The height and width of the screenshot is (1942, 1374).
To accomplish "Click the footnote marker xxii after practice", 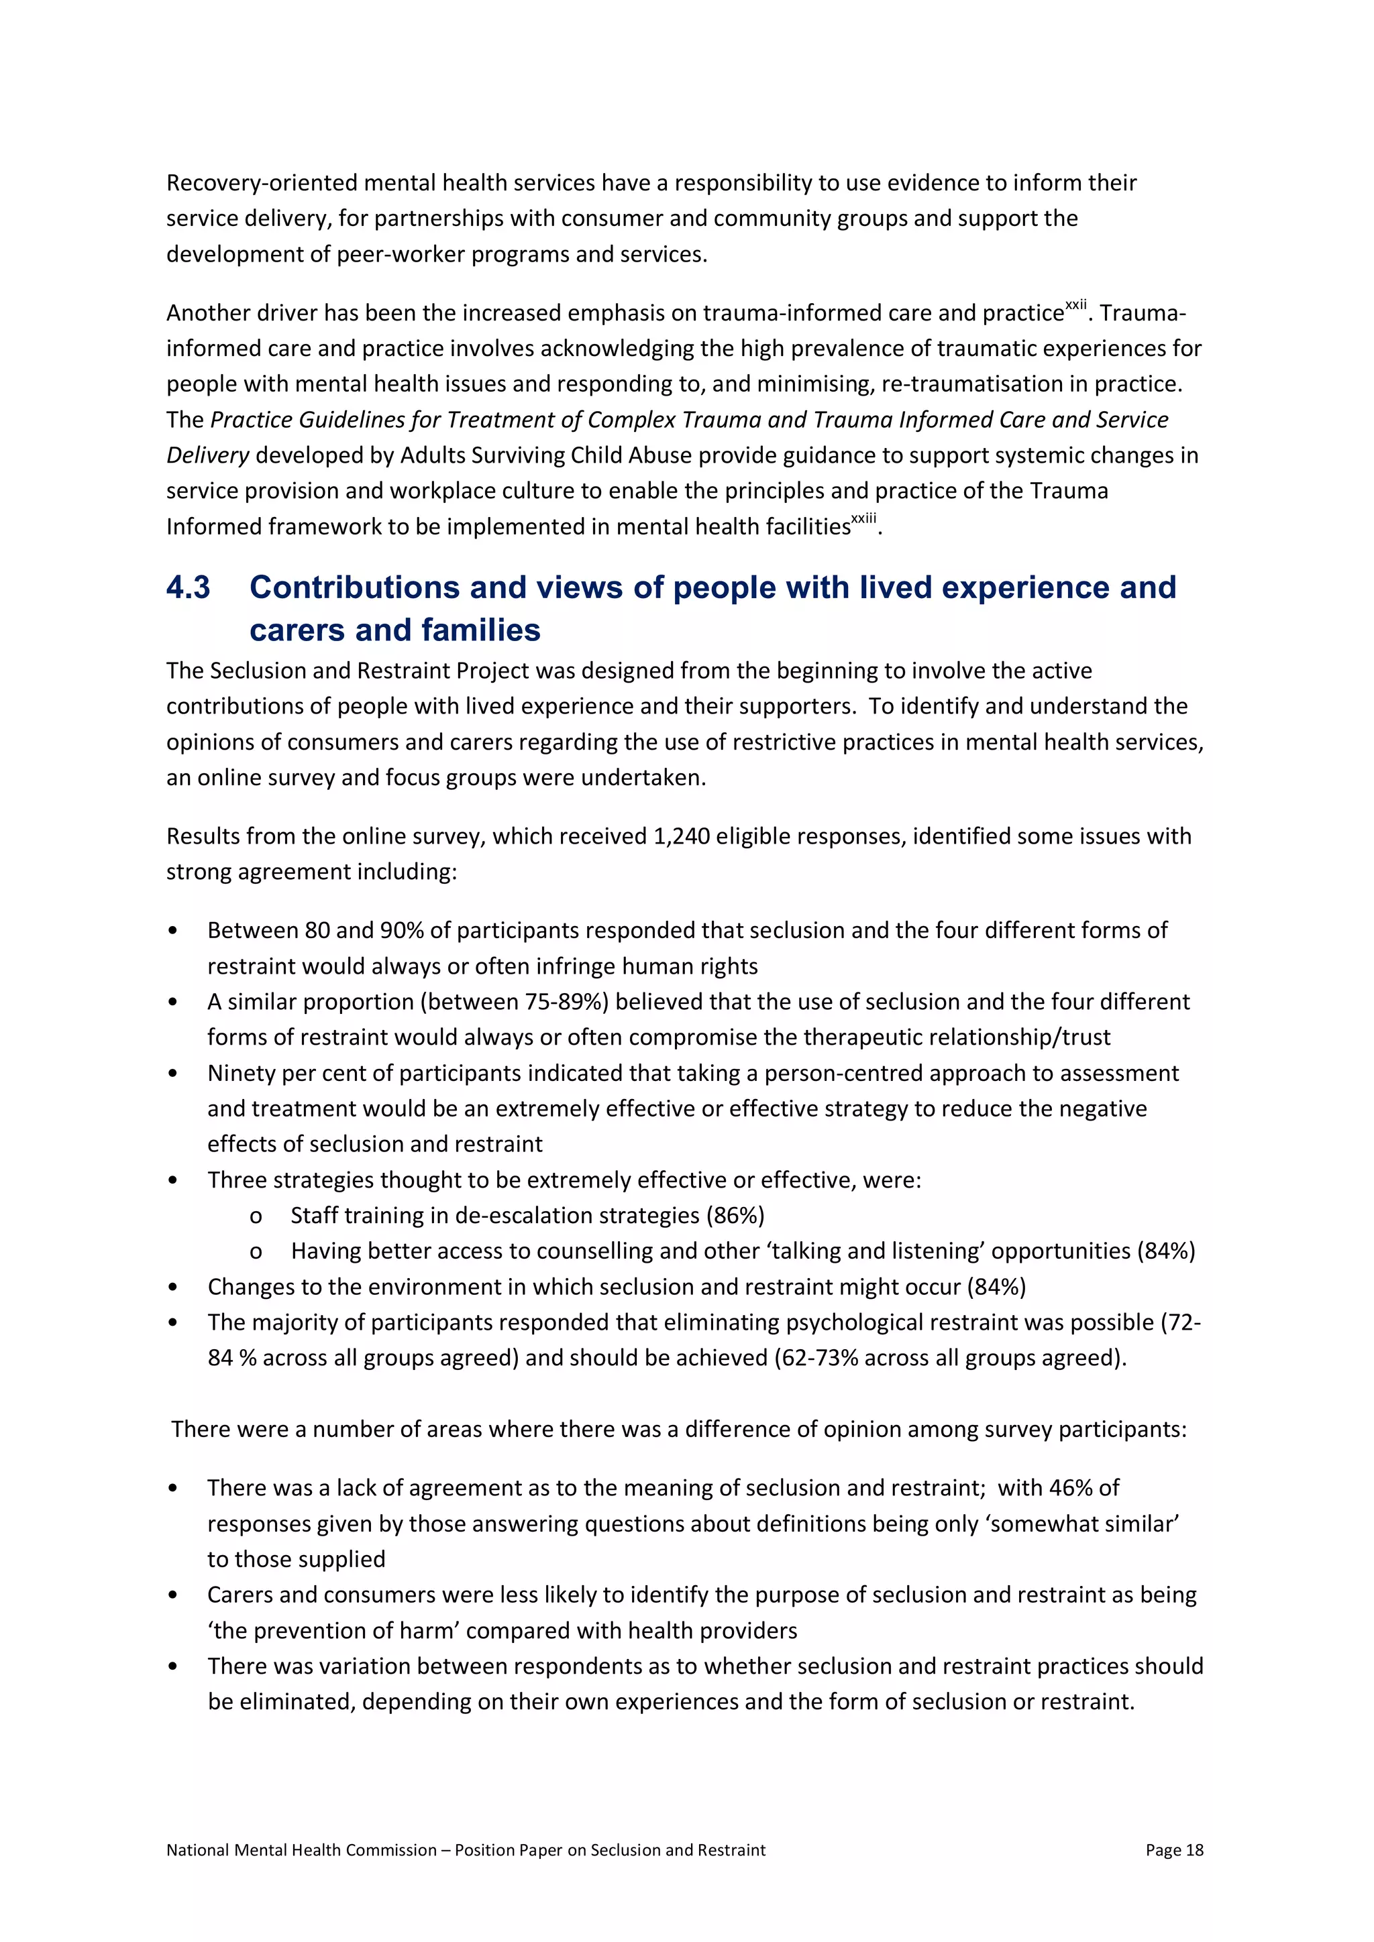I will coord(1075,304).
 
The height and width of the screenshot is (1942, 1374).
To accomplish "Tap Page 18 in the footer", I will coord(1173,1850).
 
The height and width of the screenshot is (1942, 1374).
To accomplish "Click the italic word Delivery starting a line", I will coord(207,456).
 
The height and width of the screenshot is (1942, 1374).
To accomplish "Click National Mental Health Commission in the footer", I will coord(301,1850).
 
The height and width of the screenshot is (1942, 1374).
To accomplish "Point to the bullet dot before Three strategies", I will coord(172,1181).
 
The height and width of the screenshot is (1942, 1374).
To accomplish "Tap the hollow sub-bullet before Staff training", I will coord(256,1217).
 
